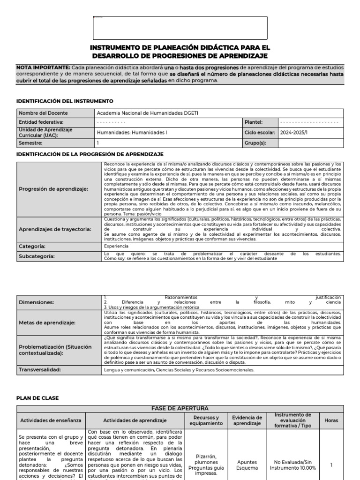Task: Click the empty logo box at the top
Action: (x=180, y=28)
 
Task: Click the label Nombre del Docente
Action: (x=43, y=113)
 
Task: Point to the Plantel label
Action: (x=254, y=122)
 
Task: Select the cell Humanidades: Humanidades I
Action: (x=132, y=133)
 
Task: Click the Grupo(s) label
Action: (x=256, y=142)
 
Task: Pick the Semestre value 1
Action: (x=98, y=142)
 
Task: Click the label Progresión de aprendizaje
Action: (x=53, y=189)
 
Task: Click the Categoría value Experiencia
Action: (x=116, y=246)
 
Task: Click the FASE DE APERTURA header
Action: (x=180, y=408)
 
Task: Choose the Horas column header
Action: (x=331, y=420)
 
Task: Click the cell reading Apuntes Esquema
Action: (x=243, y=465)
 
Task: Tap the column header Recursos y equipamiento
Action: (x=204, y=420)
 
